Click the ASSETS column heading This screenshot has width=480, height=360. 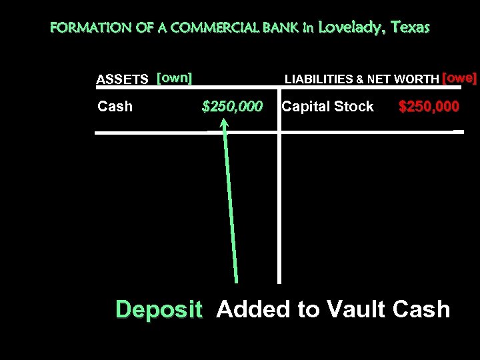pos(123,79)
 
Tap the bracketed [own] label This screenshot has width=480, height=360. pos(174,78)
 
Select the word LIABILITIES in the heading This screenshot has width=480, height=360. pos(319,79)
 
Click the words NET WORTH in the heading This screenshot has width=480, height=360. pos(403,79)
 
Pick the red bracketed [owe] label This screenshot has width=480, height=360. pos(459,77)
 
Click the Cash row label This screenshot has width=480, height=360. pos(115,107)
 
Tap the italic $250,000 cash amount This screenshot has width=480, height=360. pos(232,107)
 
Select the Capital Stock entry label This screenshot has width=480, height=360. pos(327,107)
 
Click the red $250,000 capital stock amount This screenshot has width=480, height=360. pos(429,107)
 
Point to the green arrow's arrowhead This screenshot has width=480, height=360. pos(225,123)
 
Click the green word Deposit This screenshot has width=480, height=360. pos(159,309)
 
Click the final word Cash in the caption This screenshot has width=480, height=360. pos(421,309)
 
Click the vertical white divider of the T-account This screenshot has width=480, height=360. pos(279,200)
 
